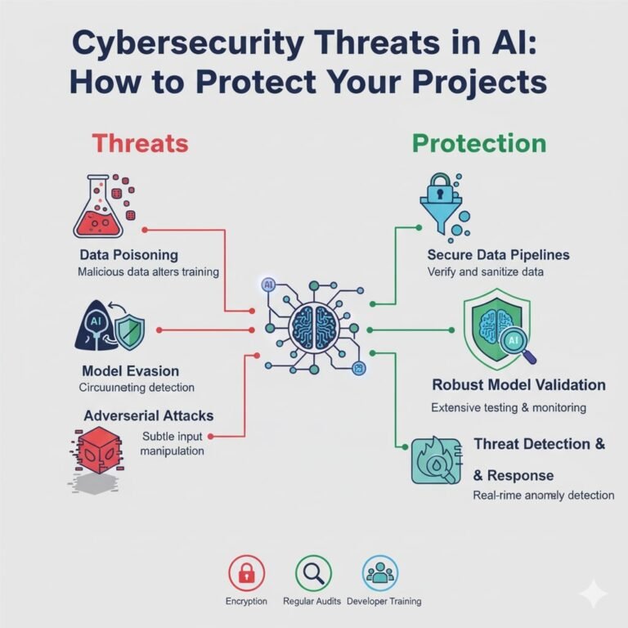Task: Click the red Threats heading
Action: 140,144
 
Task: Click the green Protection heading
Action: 479,144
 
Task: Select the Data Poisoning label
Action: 129,255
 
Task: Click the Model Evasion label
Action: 131,370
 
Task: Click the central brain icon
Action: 315,330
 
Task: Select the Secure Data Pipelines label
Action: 498,255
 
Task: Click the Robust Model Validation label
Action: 518,384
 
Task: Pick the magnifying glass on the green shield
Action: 518,345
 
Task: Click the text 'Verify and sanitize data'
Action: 486,271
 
